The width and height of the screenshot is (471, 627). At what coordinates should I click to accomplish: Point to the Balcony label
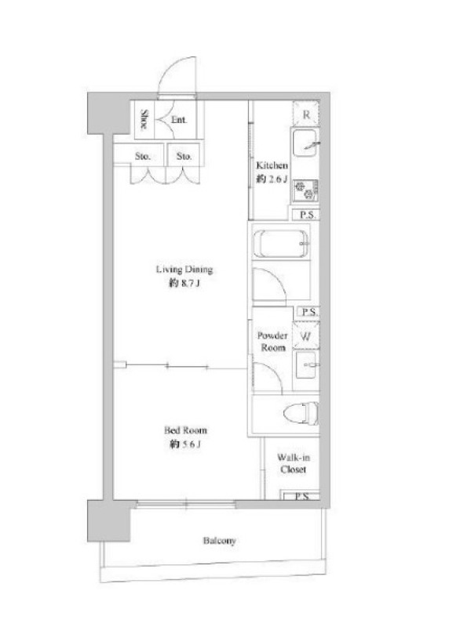[219, 541]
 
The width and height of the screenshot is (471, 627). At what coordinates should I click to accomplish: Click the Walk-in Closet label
[293, 463]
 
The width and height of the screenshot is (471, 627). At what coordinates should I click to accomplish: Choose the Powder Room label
[272, 342]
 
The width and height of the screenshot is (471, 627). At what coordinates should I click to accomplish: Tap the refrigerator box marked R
[306, 114]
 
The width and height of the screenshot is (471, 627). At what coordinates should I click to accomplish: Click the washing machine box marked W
[306, 336]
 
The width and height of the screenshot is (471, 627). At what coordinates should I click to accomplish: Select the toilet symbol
[301, 413]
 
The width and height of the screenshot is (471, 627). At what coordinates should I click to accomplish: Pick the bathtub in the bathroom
[282, 244]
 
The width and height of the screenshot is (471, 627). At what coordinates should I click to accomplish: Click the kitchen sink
[305, 143]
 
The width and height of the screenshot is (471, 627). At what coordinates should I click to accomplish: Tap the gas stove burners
[305, 190]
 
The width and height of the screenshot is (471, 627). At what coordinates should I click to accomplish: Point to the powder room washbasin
[307, 365]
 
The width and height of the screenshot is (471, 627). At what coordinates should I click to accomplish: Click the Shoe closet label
[144, 119]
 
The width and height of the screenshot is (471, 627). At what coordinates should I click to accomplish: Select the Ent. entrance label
[179, 120]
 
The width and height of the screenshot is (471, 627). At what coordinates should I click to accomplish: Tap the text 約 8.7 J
[184, 284]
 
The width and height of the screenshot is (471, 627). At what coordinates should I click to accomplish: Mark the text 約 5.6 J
[184, 444]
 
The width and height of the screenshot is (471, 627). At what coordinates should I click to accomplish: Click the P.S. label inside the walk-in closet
[302, 497]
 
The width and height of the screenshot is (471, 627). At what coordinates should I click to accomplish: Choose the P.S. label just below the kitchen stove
[307, 215]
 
